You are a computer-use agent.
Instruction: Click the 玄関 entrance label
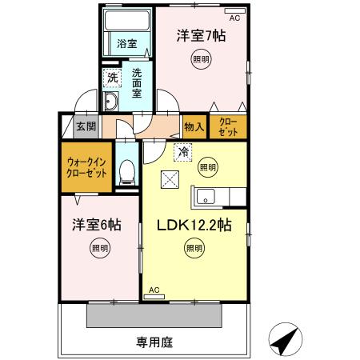pos(86,126)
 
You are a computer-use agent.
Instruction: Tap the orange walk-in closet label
pos(84,169)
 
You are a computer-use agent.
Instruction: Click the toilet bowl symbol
pos(126,170)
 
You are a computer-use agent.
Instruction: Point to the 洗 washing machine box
pos(113,78)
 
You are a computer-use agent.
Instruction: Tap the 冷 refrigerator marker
pos(182,150)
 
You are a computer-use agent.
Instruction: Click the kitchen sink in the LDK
pos(202,196)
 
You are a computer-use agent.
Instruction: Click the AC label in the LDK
pos(154,289)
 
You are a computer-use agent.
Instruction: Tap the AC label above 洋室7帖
pos(234,17)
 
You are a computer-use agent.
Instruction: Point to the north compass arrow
pos(287,340)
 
